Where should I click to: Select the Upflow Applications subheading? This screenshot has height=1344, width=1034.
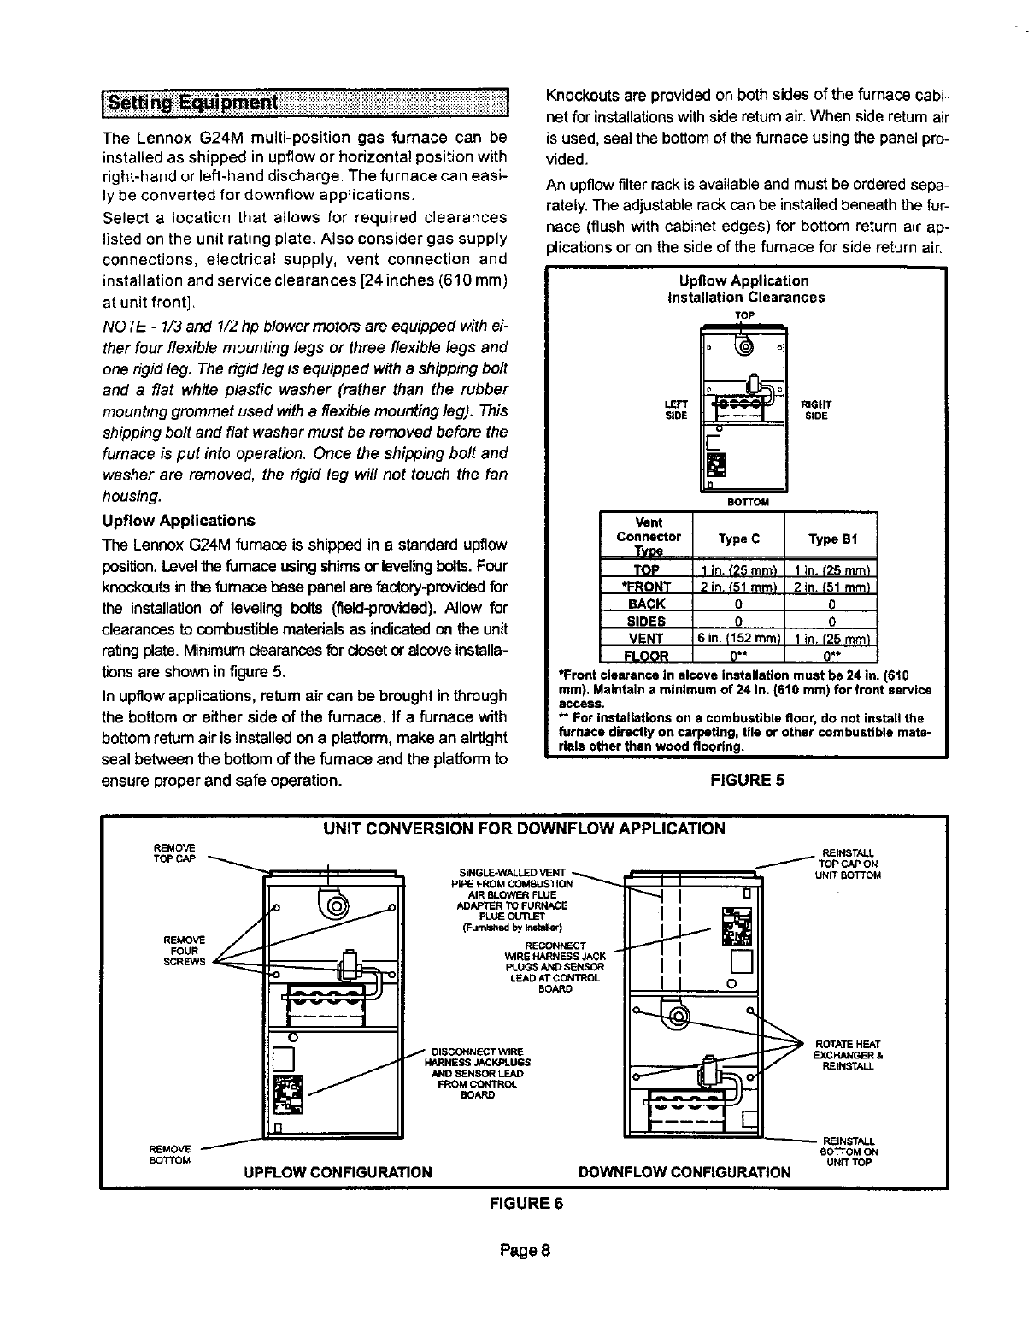click(x=178, y=521)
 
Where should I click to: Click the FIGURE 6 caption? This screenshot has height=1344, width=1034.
click(x=526, y=1204)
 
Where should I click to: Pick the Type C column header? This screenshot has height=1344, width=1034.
click(x=738, y=539)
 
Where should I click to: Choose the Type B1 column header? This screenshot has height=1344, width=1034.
click(x=831, y=539)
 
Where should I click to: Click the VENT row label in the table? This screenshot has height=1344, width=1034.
click(x=646, y=638)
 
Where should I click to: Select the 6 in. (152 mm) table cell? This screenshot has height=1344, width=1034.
click(x=737, y=638)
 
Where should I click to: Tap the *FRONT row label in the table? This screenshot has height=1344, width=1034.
click(x=646, y=587)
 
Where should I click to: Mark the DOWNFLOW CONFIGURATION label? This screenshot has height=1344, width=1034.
click(x=684, y=1171)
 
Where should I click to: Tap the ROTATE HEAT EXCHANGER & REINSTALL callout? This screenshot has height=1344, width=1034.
click(x=843, y=1055)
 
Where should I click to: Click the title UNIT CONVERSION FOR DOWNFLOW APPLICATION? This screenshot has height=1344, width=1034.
click(x=523, y=828)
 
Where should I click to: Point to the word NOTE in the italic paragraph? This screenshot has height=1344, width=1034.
click(x=120, y=327)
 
